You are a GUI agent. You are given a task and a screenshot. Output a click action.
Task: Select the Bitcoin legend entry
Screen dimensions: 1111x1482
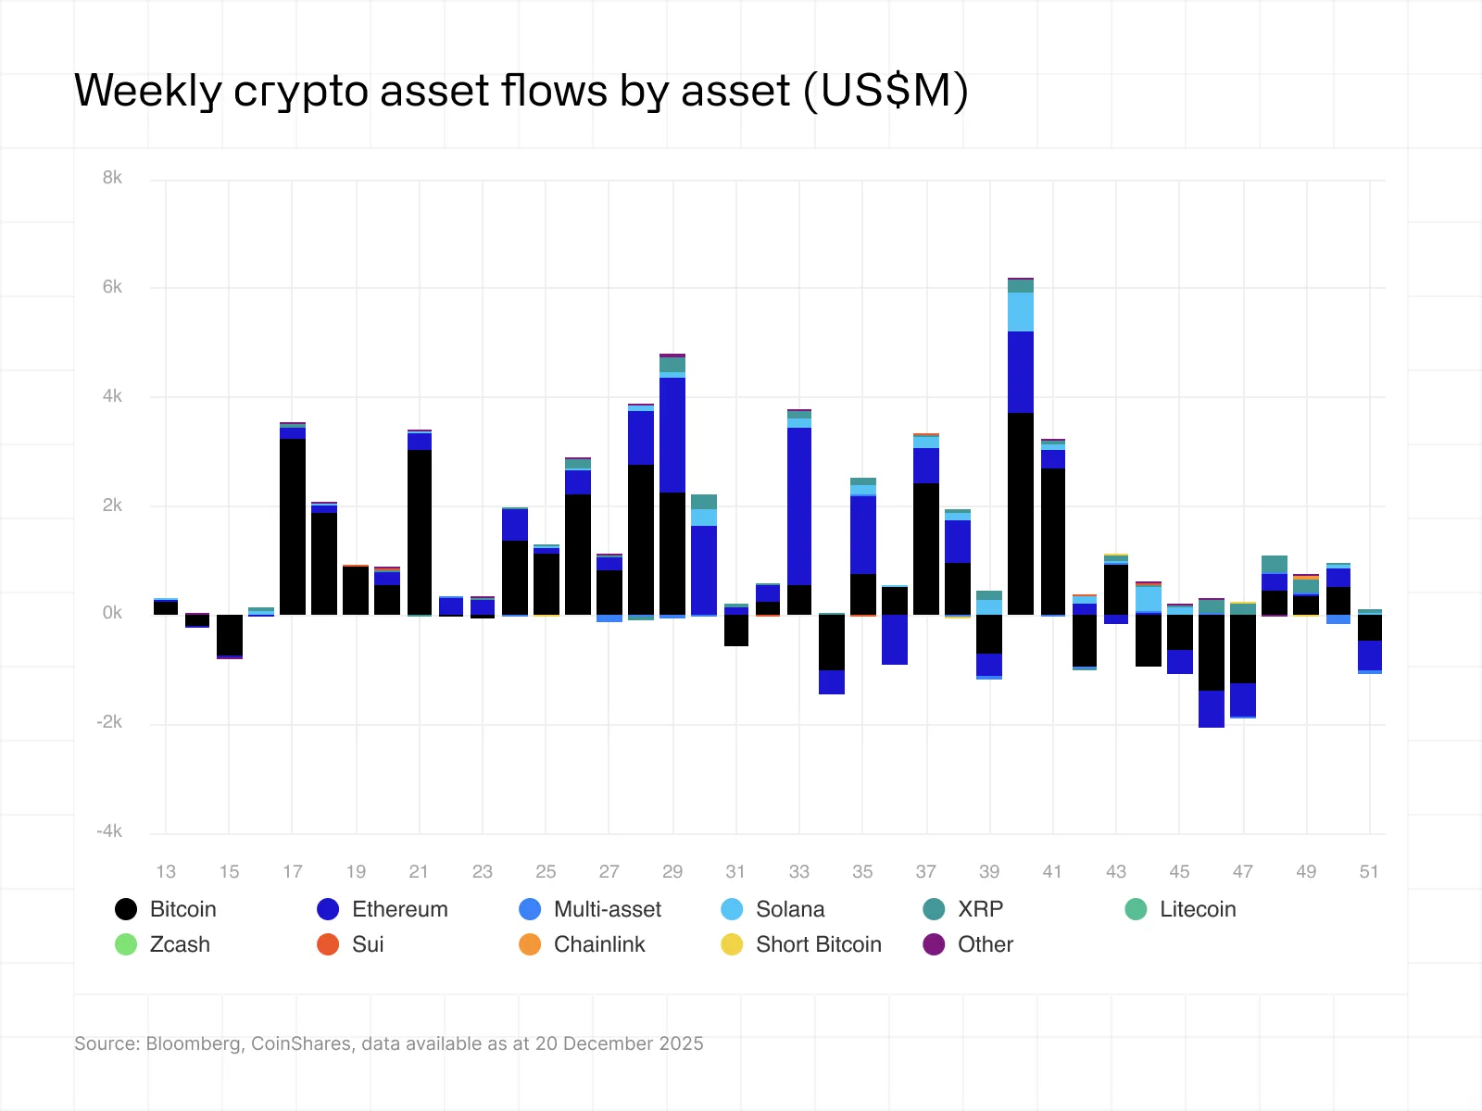pos(166,909)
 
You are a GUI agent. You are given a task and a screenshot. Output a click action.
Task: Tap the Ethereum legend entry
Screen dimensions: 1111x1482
pos(383,909)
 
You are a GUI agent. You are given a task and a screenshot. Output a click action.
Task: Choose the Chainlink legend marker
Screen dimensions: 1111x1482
pos(530,944)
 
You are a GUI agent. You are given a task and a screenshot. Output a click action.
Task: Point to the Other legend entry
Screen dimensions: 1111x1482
pos(969,944)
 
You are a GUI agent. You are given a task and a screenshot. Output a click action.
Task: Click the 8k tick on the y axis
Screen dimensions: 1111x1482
pos(112,178)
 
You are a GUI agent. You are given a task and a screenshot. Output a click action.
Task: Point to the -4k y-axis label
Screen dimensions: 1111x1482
pos(109,831)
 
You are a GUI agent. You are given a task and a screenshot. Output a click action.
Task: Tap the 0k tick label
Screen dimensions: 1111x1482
pos(112,613)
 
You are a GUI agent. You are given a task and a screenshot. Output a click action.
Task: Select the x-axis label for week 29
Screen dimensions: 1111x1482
pos(672,871)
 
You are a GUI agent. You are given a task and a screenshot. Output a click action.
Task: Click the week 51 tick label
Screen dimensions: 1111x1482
pos(1369,871)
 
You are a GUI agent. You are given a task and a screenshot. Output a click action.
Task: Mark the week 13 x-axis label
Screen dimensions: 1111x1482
pos(166,871)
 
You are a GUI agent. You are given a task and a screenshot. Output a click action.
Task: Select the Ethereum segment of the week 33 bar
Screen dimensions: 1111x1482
pos(799,506)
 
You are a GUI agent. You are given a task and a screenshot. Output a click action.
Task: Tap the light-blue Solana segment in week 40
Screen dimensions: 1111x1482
pos(1021,312)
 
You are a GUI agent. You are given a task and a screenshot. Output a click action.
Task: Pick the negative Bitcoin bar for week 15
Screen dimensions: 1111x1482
pos(230,634)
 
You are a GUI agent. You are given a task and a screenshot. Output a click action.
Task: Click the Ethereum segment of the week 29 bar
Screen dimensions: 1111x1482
pos(672,435)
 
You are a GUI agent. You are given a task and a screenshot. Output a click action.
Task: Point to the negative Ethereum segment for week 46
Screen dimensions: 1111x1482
pos(1211,708)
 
